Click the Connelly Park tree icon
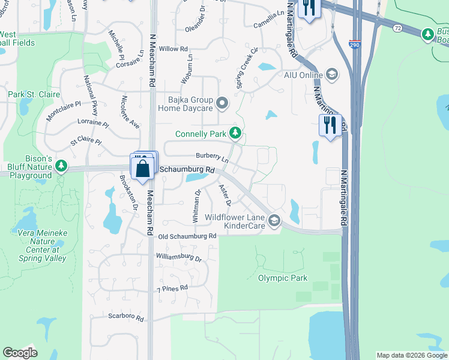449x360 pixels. pos(237,133)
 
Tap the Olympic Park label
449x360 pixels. pos(283,278)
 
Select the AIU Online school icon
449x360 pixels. pos(331,74)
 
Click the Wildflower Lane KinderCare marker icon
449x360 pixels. pos(274,221)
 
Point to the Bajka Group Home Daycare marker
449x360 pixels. pos(223,104)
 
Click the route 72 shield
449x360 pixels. pos(397,28)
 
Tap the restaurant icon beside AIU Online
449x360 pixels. pos(330,125)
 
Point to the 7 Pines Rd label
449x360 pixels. pos(172,289)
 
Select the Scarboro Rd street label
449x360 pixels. pos(126,317)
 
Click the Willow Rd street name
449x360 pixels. pos(173,49)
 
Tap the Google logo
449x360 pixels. pos(20,353)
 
